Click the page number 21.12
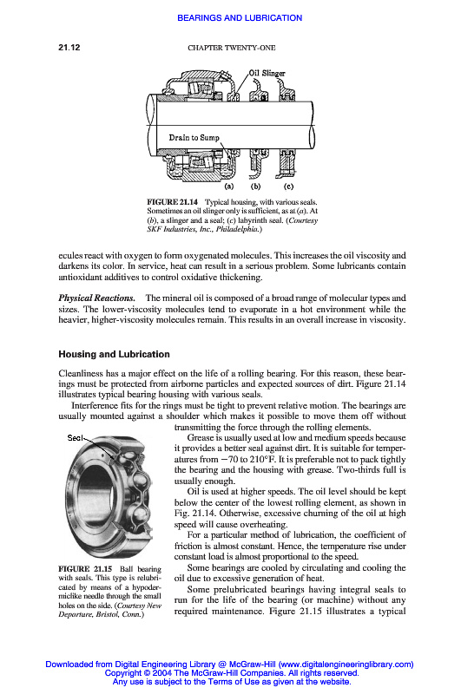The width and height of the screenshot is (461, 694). (69, 48)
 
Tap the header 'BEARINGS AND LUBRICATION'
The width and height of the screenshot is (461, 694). (240, 18)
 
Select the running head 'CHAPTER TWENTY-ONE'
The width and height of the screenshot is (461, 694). (232, 48)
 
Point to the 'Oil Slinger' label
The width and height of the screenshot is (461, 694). (267, 73)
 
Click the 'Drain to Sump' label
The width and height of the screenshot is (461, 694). (194, 138)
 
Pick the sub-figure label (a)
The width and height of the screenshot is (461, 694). (229, 187)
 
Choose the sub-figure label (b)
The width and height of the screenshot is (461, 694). (255, 187)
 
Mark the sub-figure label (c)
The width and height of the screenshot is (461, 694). (288, 187)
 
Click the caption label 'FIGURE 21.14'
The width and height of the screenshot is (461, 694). (172, 202)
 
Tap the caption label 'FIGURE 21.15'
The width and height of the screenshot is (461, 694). (85, 569)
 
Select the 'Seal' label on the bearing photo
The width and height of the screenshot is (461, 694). (75, 438)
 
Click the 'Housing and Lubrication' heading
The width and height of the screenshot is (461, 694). (115, 354)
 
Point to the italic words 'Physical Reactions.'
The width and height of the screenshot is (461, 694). (97, 298)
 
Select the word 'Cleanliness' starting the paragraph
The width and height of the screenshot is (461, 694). (81, 374)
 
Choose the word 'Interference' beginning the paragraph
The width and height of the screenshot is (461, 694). (95, 406)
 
